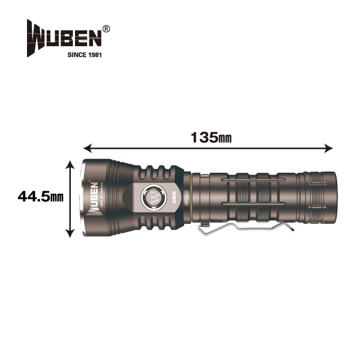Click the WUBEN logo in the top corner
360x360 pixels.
[x=64, y=36]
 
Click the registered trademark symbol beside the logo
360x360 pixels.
[x=106, y=28]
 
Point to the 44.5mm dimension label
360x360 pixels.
[x=41, y=196]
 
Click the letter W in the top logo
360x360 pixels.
[x=36, y=36]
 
